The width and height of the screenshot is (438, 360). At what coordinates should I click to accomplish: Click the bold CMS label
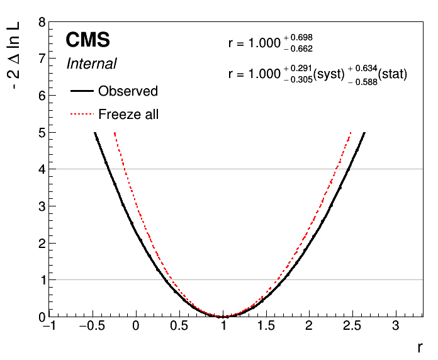[x=87, y=40]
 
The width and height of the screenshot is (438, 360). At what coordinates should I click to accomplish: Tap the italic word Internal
[x=92, y=64]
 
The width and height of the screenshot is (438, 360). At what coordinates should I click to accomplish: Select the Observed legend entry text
[x=128, y=91]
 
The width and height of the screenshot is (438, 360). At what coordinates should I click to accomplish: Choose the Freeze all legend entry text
[x=128, y=114]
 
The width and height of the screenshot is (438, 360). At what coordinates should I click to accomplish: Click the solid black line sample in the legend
[x=82, y=91]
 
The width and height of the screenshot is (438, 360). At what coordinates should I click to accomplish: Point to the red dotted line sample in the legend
[x=82, y=114]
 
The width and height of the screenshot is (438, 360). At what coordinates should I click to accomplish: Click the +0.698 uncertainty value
[x=298, y=37]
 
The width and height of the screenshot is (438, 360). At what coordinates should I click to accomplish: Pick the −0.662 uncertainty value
[x=298, y=49]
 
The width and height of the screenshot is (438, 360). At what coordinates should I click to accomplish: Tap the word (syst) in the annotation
[x=329, y=74]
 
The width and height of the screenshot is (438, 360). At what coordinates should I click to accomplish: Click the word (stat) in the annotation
[x=393, y=74]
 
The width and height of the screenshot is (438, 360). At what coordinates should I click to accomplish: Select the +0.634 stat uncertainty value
[x=362, y=68]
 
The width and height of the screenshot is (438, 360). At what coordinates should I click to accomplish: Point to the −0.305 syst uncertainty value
[x=298, y=80]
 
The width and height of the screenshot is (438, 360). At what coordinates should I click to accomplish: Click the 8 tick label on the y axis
[x=42, y=22]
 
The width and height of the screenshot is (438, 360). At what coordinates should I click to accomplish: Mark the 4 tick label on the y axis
[x=42, y=169]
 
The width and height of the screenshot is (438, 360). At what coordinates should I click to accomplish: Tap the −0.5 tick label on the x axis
[x=92, y=326]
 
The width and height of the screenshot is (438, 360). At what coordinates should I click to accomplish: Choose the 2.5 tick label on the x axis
[x=352, y=326]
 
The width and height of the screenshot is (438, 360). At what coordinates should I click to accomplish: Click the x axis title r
[x=420, y=347]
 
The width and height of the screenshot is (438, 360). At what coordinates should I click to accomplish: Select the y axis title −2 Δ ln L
[x=13, y=55]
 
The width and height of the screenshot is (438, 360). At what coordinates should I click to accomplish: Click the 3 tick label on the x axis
[x=396, y=326]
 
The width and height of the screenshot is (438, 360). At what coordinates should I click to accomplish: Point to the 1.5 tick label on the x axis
[x=266, y=326]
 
